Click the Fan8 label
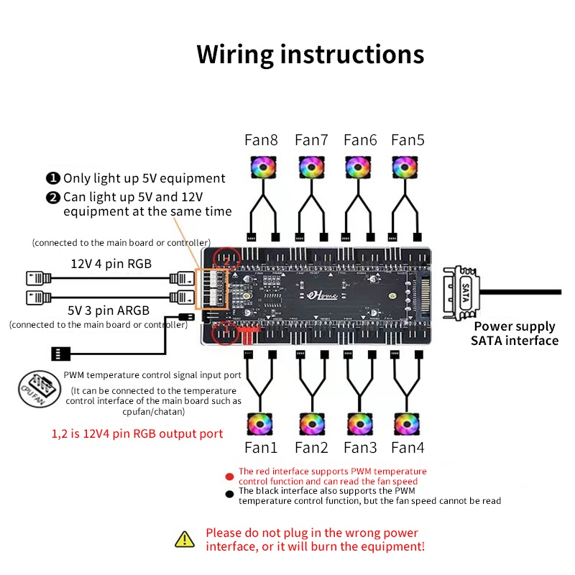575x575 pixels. click(x=262, y=140)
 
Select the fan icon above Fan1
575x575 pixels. click(x=261, y=424)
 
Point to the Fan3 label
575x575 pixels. click(x=359, y=448)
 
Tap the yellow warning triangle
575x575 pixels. click(x=185, y=538)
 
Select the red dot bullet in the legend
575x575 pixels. click(x=229, y=476)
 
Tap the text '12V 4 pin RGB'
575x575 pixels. click(x=111, y=264)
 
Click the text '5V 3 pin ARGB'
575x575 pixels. click(x=109, y=310)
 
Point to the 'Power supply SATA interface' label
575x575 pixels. click(x=514, y=333)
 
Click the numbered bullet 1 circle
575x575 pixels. click(x=53, y=178)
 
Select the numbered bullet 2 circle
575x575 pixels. click(x=53, y=196)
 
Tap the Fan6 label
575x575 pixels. click(x=359, y=140)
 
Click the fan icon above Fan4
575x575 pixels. click(x=407, y=424)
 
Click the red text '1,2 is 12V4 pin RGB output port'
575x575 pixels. click(x=137, y=434)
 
